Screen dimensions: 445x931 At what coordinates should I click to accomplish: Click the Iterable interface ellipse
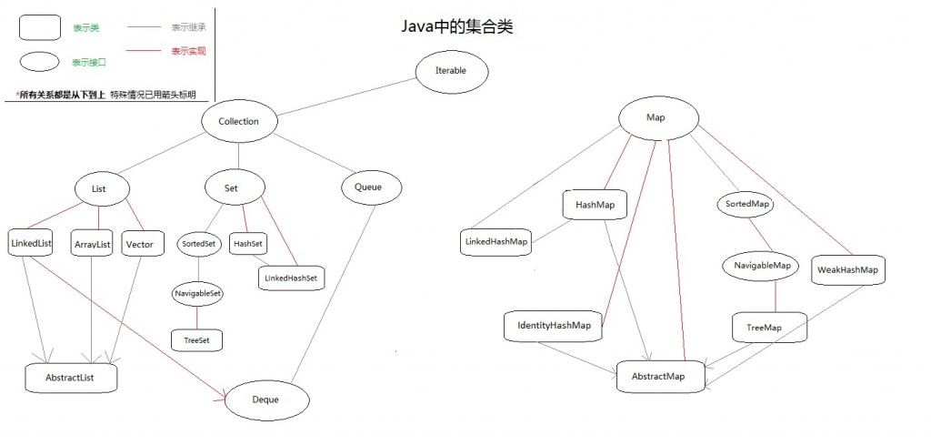452,70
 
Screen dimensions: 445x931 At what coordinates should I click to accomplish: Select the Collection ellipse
239,121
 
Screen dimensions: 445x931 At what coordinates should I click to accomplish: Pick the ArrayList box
91,245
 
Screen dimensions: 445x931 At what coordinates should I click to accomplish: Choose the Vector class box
141,245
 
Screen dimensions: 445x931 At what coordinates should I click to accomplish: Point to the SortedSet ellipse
197,244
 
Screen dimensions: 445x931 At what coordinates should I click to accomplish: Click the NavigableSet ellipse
197,294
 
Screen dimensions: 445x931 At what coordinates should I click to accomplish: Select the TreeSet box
195,339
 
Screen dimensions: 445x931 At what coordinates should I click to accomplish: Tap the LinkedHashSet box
291,277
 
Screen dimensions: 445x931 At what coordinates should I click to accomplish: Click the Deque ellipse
266,399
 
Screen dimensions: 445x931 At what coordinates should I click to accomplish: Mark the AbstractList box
72,376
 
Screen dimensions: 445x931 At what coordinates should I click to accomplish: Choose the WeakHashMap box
847,269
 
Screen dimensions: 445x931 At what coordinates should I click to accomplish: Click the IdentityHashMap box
554,326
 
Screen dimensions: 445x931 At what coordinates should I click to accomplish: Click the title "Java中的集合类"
457,26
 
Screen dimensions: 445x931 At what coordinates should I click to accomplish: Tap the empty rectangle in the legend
39,27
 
